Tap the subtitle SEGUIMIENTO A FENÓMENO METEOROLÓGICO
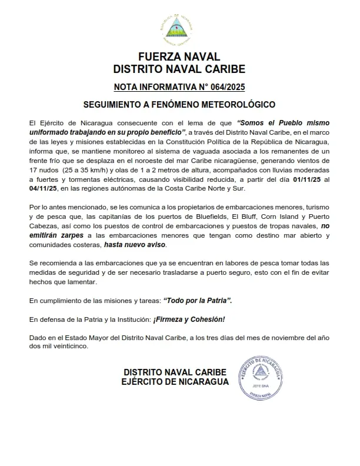coord(179,105)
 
